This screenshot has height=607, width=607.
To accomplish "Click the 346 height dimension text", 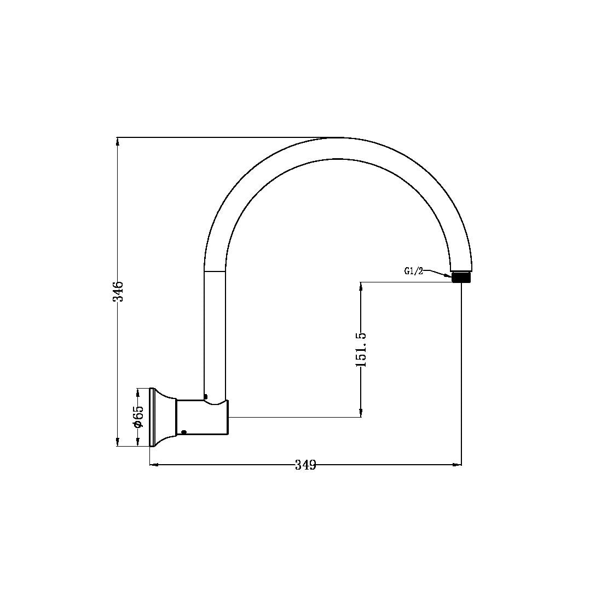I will [118, 291].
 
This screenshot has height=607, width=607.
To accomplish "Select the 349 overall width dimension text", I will [305, 465].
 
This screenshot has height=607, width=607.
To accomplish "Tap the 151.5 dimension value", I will [361, 349].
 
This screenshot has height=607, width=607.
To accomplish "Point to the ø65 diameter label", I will [138, 417].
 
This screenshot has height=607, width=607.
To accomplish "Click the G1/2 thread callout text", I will [414, 271].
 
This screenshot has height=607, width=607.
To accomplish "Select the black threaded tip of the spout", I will [461, 277].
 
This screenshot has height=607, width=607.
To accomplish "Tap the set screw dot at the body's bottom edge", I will [184, 432].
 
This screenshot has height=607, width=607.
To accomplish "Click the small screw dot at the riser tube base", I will [205, 397].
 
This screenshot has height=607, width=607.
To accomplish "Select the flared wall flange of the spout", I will [161, 417].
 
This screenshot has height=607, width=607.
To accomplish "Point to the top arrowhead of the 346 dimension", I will [118, 141].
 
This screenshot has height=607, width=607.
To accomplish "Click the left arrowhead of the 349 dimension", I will [154, 465].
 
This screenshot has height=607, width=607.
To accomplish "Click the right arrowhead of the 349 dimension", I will [457, 465].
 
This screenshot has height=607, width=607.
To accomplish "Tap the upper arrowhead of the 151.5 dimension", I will [361, 286].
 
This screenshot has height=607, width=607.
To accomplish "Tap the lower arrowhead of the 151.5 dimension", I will [361, 413].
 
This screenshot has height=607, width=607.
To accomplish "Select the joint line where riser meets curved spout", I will [215, 271].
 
